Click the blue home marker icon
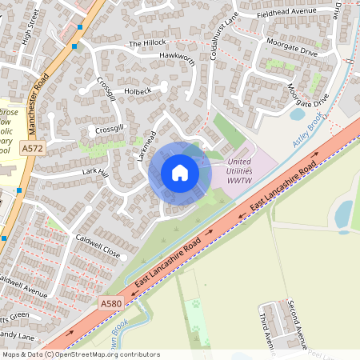point(180,172)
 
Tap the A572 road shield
point(33,149)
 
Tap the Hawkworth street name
point(177,57)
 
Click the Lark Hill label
point(94,170)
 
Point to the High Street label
point(31,27)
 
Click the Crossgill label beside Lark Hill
point(110,128)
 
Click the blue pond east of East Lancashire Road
point(343,214)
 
